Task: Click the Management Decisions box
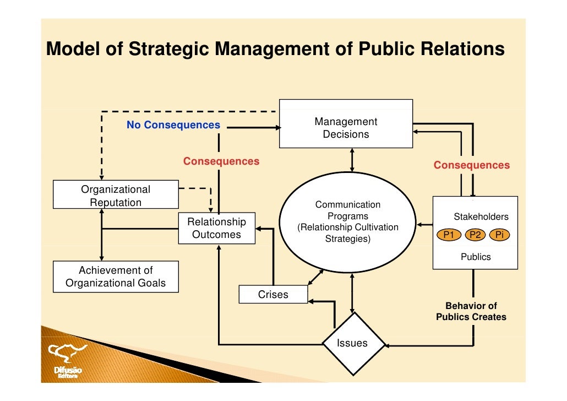[x=346, y=124]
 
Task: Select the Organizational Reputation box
[x=116, y=196]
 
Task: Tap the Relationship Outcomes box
[x=216, y=228]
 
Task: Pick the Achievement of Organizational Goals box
[x=116, y=277]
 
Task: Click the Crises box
[x=273, y=295]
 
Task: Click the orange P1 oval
[x=449, y=235]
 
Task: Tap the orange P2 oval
[x=475, y=235]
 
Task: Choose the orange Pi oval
[x=499, y=235]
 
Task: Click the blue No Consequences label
[x=173, y=125]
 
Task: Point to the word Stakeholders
[x=481, y=217]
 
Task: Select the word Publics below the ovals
[x=476, y=257]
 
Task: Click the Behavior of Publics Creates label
[x=471, y=312]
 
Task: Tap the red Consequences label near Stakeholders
[x=471, y=165]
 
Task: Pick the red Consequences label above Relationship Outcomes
[x=221, y=161]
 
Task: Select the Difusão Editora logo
[x=68, y=361]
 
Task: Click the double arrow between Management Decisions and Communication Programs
[x=352, y=160]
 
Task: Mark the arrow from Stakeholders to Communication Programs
[x=424, y=225]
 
